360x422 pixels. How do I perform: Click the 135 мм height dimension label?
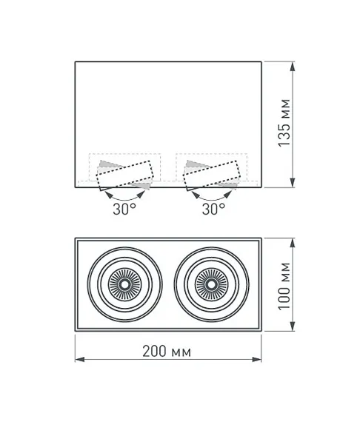(x=284, y=123)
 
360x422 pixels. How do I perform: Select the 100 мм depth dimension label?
(x=284, y=287)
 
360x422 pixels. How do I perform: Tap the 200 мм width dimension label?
(x=167, y=352)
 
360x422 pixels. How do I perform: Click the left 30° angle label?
(x=124, y=209)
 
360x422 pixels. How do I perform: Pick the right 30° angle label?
(x=213, y=209)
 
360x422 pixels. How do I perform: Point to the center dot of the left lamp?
(x=124, y=284)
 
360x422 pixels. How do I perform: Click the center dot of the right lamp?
(x=211, y=284)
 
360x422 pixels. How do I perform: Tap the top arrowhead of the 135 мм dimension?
(x=293, y=66)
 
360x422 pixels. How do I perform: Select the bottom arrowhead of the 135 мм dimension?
(x=293, y=182)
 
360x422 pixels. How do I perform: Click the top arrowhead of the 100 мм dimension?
(x=293, y=243)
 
